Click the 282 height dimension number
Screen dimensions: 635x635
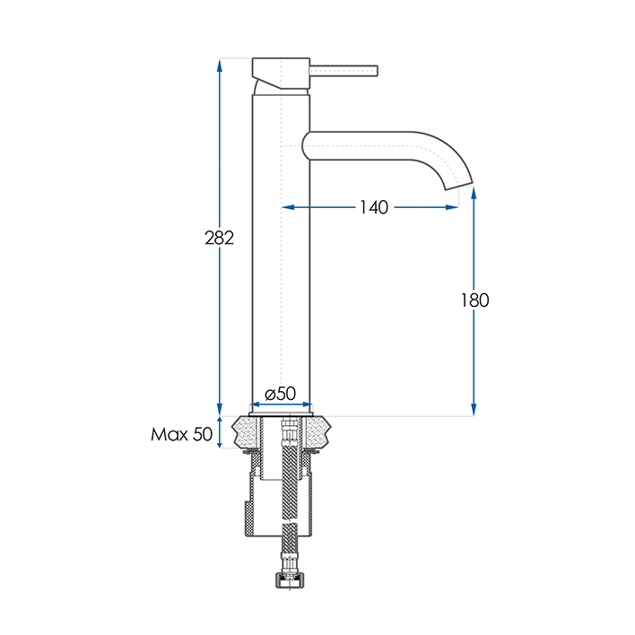pyautogui.click(x=220, y=238)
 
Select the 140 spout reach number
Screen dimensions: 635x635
pyautogui.click(x=373, y=207)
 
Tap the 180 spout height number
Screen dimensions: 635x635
pyautogui.click(x=474, y=300)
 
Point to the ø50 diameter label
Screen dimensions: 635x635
pyautogui.click(x=281, y=394)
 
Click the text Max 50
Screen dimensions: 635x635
pyautogui.click(x=182, y=435)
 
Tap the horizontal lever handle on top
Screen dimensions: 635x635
pyautogui.click(x=344, y=67)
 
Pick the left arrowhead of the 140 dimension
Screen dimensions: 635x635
pyautogui.click(x=288, y=207)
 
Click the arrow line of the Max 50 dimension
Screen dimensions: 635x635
pyautogui.click(x=220, y=433)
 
